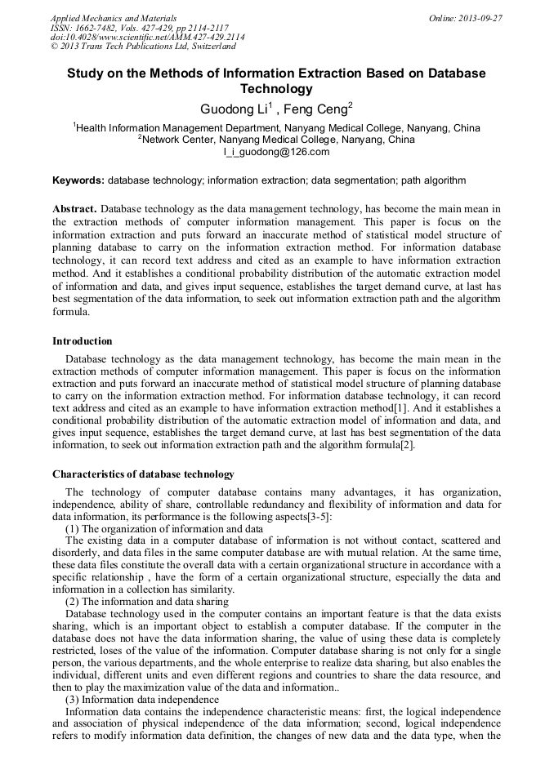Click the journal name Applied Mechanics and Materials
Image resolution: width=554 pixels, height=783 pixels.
click(113, 17)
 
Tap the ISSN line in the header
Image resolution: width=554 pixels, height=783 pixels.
click(140, 27)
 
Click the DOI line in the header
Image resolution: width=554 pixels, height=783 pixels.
click(147, 37)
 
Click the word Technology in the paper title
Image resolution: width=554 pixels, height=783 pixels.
click(276, 89)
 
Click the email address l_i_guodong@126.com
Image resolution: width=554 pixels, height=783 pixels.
click(276, 152)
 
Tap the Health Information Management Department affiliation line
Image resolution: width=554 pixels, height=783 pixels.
click(276, 128)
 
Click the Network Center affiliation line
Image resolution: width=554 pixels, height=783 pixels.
click(276, 140)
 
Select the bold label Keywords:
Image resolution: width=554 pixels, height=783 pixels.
click(78, 180)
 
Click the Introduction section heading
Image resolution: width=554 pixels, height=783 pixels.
click(83, 340)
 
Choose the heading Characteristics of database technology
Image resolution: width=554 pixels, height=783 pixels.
click(143, 474)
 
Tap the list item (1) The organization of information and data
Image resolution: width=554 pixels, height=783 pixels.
click(163, 529)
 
